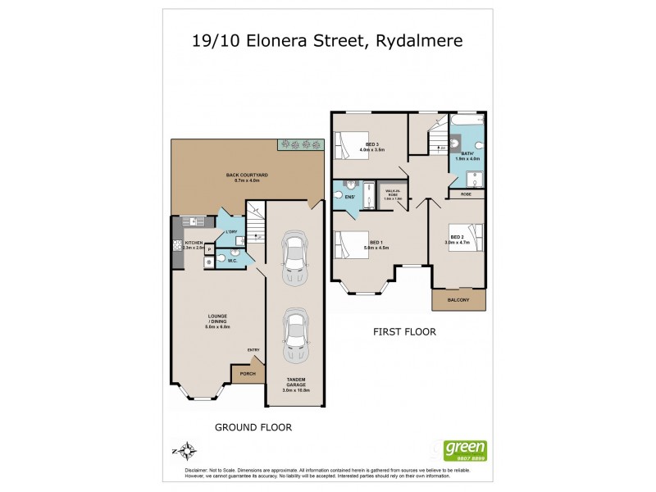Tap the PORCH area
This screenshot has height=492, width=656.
(247, 374)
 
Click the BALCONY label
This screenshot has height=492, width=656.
(458, 301)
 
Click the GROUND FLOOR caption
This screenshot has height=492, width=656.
(253, 427)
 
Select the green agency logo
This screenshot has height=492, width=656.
(465, 449)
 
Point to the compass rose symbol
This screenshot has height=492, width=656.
(188, 450)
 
